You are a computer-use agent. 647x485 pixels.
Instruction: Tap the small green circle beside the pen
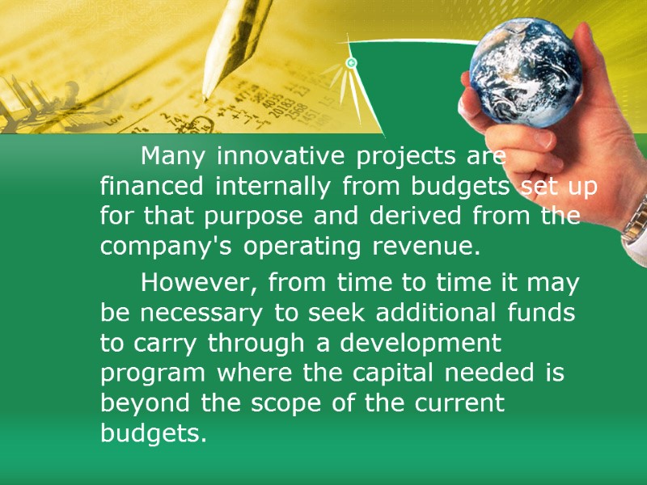[x=351, y=63]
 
